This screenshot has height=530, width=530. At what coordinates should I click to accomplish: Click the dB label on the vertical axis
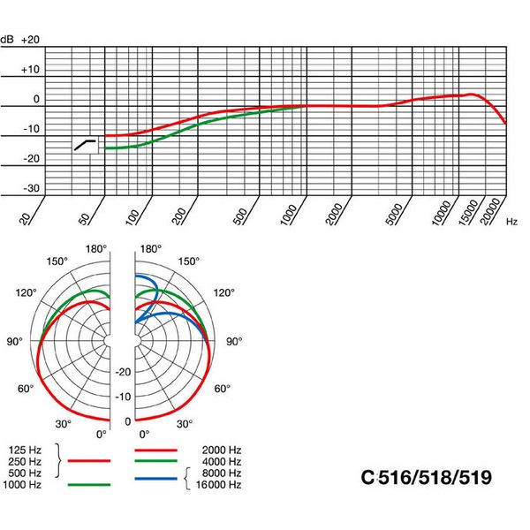click(7, 40)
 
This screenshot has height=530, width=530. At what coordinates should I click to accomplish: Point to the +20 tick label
click(31, 40)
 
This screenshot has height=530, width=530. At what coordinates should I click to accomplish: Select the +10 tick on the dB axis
click(31, 69)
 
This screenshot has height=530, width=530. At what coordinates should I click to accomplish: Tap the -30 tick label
click(31, 188)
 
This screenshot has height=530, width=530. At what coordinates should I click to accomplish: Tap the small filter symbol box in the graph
click(85, 144)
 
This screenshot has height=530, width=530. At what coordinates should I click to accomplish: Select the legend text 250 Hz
click(21, 461)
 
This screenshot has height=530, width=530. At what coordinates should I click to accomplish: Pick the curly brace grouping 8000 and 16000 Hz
click(188, 478)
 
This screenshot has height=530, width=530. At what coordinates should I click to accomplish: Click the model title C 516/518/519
click(427, 478)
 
